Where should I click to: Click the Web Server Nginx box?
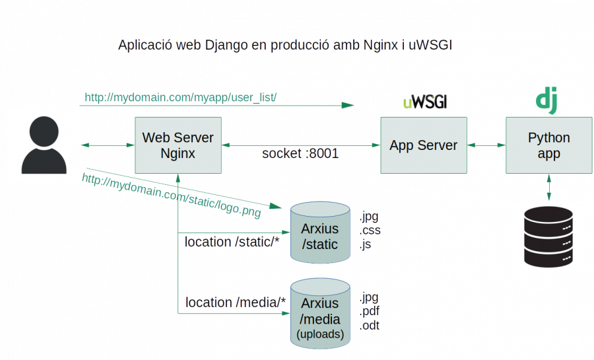(178, 145)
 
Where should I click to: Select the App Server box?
(423, 145)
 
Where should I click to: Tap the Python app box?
(548, 145)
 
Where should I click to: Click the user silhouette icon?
(44, 145)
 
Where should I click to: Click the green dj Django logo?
(546, 100)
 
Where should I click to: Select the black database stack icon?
(548, 236)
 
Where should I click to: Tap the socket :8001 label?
(300, 154)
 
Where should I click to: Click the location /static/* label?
(232, 242)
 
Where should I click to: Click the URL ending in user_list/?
(180, 98)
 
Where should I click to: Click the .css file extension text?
(370, 231)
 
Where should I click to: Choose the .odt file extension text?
(370, 325)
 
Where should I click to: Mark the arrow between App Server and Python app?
(486, 145)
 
